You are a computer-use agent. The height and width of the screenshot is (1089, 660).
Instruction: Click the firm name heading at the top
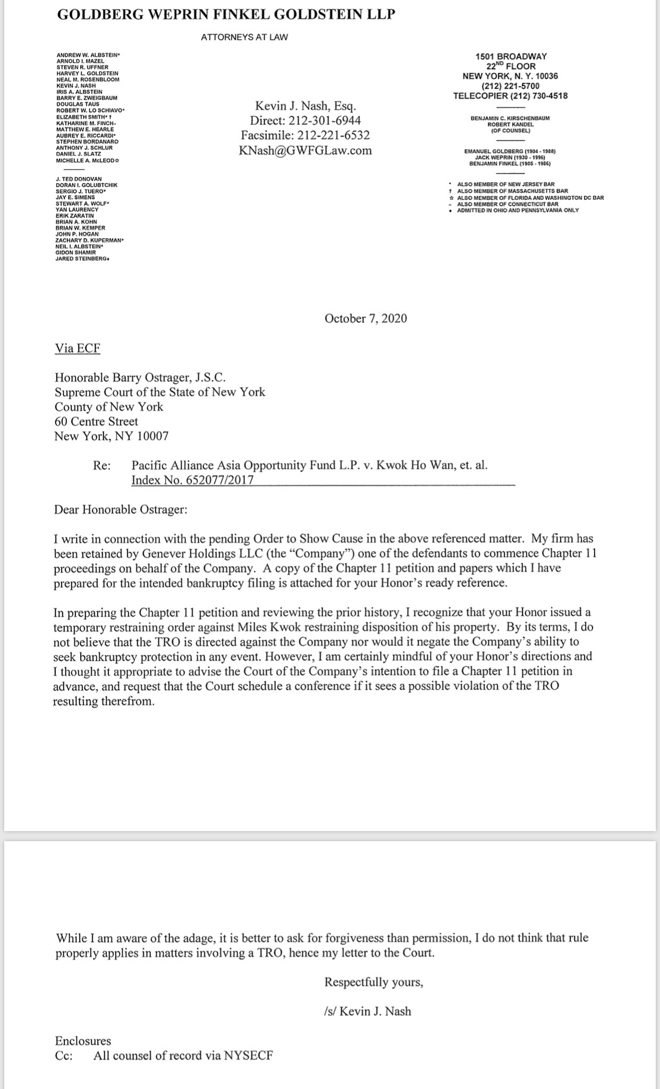pyautogui.click(x=226, y=15)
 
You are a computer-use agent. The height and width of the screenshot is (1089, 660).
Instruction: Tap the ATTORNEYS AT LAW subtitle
pyautogui.click(x=244, y=37)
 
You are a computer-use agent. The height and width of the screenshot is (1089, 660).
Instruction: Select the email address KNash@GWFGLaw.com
pyautogui.click(x=306, y=150)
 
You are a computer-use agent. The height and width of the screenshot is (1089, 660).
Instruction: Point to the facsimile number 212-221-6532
pyautogui.click(x=333, y=135)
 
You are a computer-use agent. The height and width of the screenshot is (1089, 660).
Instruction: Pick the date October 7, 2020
pyautogui.click(x=366, y=319)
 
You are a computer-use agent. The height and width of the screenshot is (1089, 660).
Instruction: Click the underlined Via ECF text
pyautogui.click(x=78, y=348)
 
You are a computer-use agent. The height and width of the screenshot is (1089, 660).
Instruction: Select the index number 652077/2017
pyautogui.click(x=192, y=480)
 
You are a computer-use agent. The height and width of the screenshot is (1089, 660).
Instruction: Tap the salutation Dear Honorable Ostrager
pyautogui.click(x=121, y=510)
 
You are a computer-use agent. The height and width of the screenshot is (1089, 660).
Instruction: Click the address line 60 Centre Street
pyautogui.click(x=96, y=422)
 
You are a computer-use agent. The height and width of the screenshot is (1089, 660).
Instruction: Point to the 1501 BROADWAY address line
pyautogui.click(x=511, y=56)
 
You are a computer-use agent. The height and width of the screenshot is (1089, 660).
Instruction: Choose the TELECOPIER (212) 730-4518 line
pyautogui.click(x=510, y=96)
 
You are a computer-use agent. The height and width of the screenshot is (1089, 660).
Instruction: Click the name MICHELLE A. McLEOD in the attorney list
pyautogui.click(x=88, y=160)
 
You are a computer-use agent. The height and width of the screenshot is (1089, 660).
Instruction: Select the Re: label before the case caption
pyautogui.click(x=101, y=466)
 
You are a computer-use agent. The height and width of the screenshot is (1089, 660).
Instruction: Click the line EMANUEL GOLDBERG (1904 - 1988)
pyautogui.click(x=510, y=152)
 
